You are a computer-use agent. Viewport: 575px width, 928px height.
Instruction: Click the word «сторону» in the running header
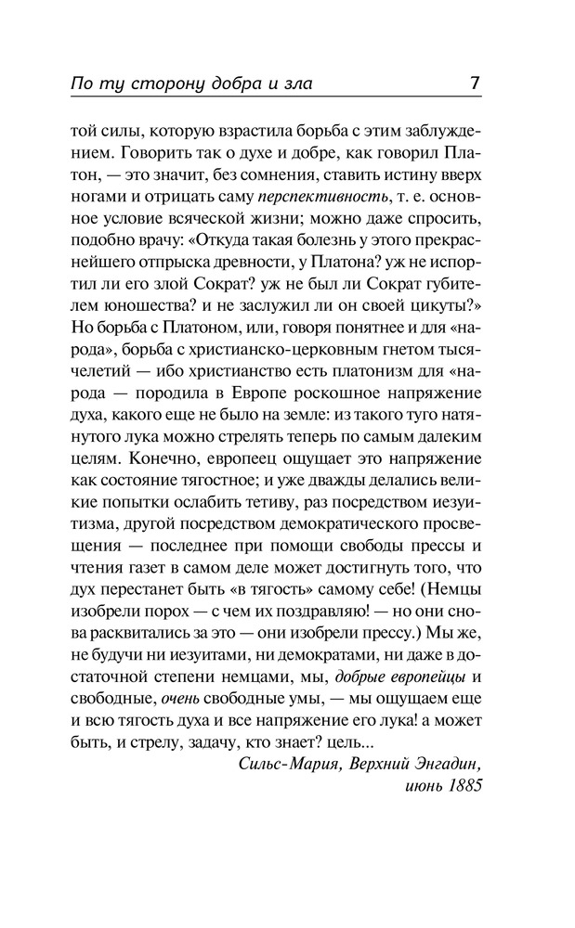pyautogui.click(x=167, y=84)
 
